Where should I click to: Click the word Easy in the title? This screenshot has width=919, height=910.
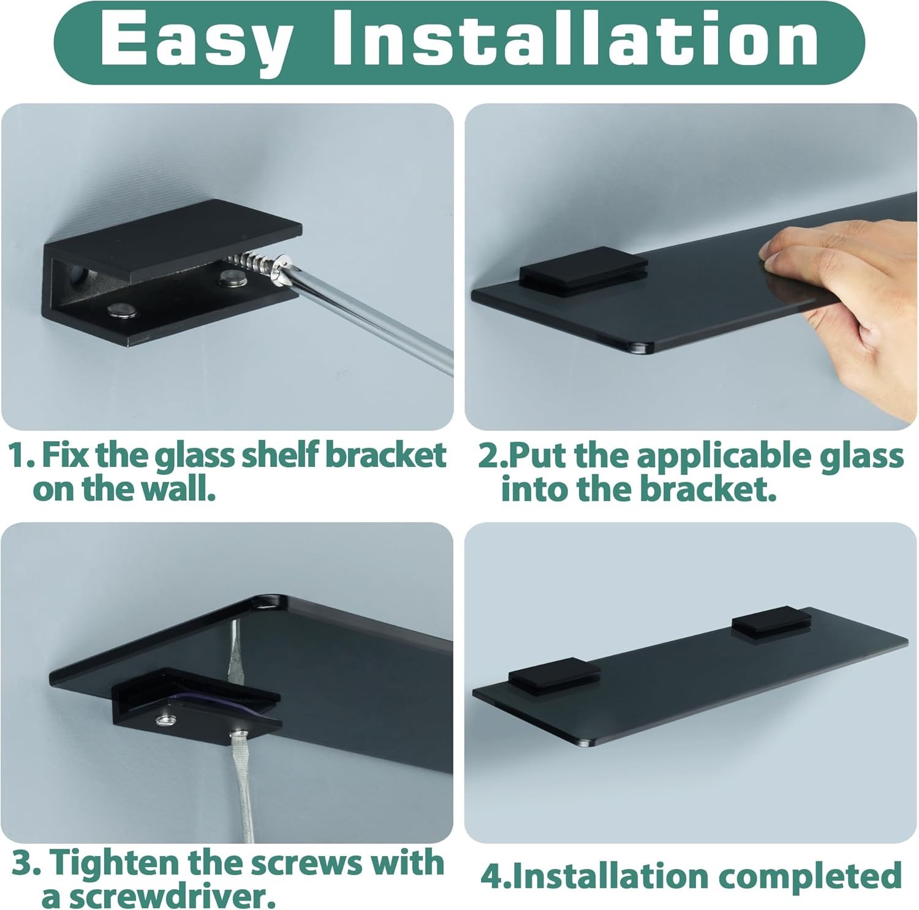[195, 42]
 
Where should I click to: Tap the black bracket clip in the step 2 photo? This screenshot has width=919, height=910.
[583, 270]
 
